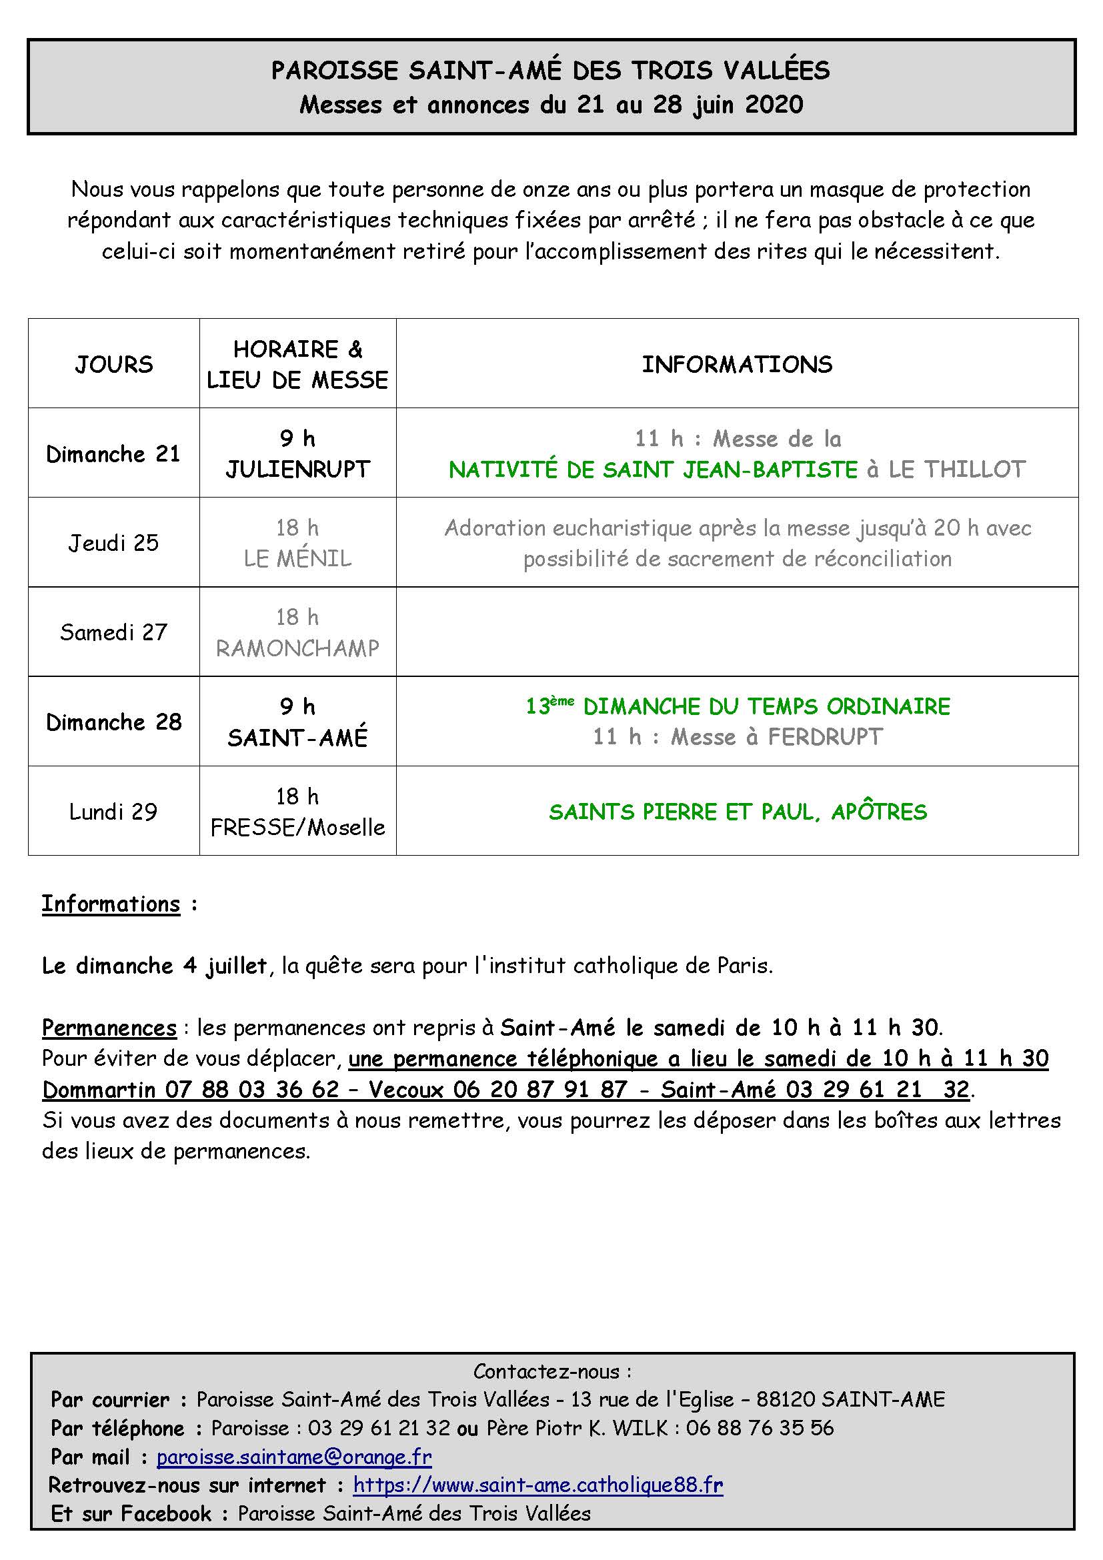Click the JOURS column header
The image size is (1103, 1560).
click(x=113, y=364)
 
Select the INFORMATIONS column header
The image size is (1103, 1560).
click(x=737, y=364)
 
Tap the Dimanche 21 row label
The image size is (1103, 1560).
click(x=113, y=454)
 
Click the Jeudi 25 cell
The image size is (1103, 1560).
click(x=113, y=543)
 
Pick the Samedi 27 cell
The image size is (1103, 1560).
click(x=113, y=632)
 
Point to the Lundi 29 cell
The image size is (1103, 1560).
click(x=113, y=811)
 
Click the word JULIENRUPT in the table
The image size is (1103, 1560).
click(x=297, y=470)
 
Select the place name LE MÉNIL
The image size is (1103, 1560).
click(x=297, y=558)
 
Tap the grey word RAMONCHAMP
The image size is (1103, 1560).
click(x=297, y=648)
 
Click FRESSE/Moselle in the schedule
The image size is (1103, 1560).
click(x=297, y=827)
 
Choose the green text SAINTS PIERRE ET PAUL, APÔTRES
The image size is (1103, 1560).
click(x=738, y=812)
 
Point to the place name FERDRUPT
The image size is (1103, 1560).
click(x=824, y=737)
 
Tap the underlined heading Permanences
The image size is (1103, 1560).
click(x=109, y=1027)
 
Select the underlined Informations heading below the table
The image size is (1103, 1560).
click(x=111, y=904)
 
